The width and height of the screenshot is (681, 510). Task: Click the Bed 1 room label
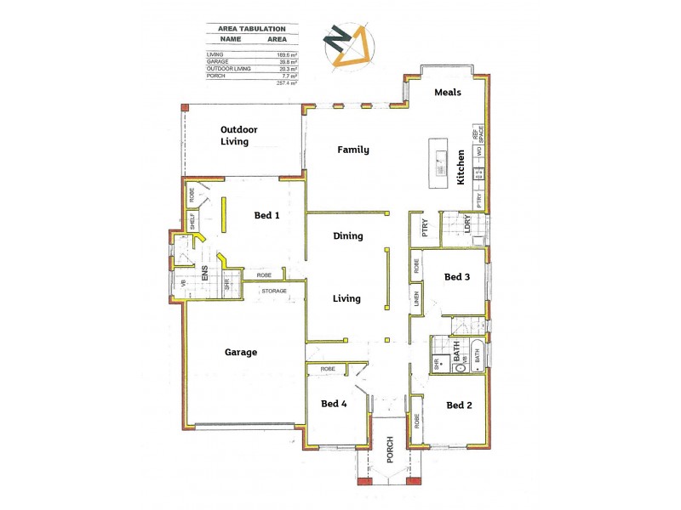pos(266,216)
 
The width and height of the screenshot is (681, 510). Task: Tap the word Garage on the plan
pos(241,352)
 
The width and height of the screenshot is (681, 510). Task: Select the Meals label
pos(448,92)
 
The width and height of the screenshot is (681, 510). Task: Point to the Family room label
pos(353,150)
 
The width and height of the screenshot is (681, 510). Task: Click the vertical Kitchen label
pos(461,167)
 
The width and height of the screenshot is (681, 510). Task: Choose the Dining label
pos(348,236)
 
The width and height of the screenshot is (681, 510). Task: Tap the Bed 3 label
pos(457,277)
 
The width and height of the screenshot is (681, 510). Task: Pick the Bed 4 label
pos(334,404)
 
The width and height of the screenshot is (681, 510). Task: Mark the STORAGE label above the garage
pos(274,292)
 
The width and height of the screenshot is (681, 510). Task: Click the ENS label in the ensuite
pos(205,274)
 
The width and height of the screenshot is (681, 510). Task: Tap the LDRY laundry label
pos(467,225)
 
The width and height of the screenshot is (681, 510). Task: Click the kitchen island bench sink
pos(441,160)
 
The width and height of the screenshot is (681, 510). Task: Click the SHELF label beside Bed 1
pos(193,220)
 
